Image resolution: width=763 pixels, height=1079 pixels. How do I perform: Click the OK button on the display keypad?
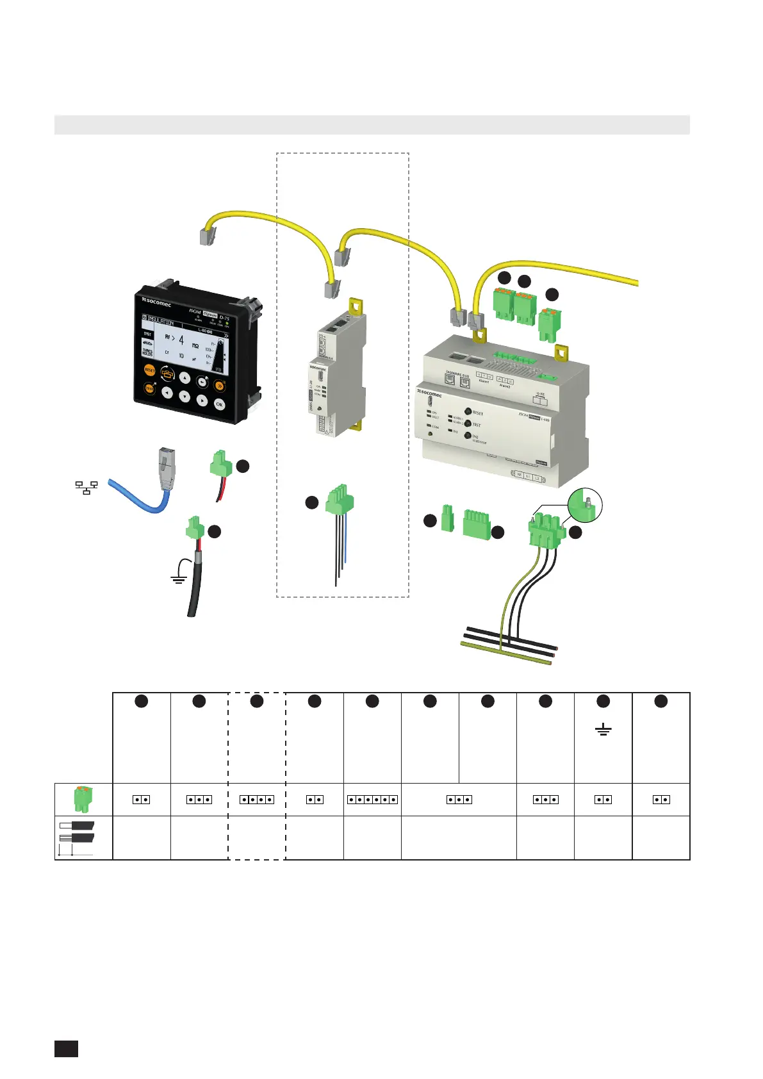pos(219,404)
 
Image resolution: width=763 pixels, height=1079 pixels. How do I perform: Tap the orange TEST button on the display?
pos(149,388)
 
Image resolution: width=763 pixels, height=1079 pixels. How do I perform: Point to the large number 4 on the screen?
pos(181,339)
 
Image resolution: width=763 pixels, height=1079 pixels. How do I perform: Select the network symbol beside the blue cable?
pos(86,488)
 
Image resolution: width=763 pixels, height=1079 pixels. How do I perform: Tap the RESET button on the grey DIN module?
pos(468,412)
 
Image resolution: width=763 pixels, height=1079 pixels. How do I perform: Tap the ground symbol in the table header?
pos(603,730)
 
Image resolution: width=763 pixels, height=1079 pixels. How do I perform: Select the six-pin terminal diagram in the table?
pos(372,800)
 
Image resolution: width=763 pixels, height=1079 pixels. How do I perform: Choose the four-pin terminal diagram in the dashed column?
pos(257,800)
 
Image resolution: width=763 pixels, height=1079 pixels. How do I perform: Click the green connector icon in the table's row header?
pos(83,799)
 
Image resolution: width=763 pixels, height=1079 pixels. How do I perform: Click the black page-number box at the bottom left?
pos(66,1048)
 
